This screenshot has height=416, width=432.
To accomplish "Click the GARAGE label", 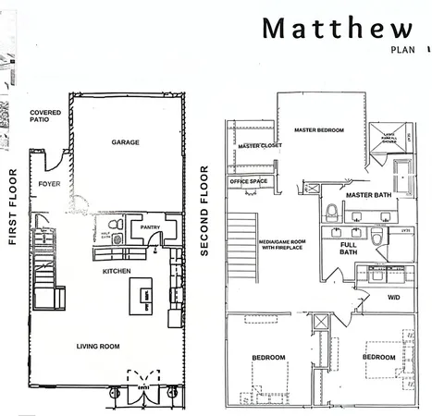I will (126, 142).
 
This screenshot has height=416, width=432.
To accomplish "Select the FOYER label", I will (49, 184).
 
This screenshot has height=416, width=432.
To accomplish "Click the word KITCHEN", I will (117, 271).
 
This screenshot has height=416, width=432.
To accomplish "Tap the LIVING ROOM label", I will (98, 347).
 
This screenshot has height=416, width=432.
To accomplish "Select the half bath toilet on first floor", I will (115, 225).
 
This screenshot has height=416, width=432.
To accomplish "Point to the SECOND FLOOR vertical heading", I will (204, 211).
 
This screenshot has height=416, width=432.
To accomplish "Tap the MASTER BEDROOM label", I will (319, 130).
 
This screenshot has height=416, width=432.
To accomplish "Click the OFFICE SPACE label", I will (250, 181).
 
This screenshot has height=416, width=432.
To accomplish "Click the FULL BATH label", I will (348, 248).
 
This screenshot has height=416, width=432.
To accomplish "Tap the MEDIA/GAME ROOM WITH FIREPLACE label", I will (282, 245).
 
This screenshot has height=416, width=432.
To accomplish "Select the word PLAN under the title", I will (402, 50).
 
